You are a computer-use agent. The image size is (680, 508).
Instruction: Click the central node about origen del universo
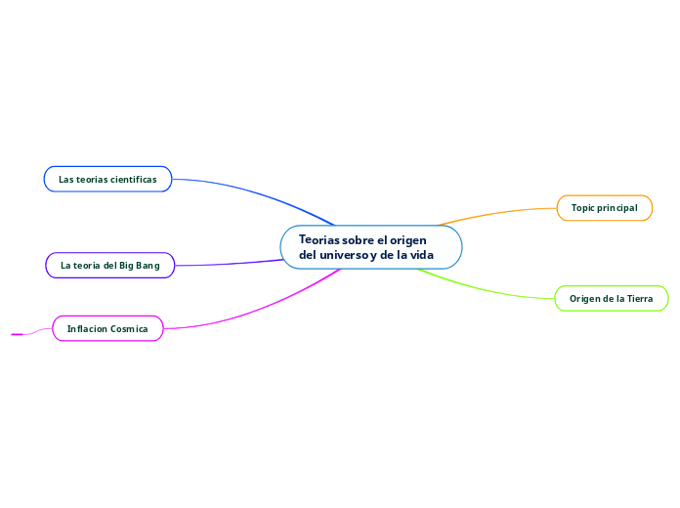pos(371,247)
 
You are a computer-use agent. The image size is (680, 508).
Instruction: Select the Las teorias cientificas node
pos(107,179)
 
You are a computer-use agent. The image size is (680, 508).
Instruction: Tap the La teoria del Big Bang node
pos(109,265)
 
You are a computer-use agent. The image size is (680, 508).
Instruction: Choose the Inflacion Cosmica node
pos(107,329)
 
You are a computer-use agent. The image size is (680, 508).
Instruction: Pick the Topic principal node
pos(604,208)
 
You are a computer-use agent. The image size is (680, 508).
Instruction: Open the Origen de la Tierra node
pos(611,299)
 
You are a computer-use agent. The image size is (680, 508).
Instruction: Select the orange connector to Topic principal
pos(498,213)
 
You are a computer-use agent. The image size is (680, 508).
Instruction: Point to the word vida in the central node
pos(421,255)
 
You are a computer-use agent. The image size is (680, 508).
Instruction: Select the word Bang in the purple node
pos(148,265)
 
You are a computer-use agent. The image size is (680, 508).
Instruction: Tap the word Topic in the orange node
pos(584,208)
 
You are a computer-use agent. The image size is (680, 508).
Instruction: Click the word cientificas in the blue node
pos(134,179)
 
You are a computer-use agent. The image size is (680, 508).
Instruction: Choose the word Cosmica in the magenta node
pos(129,329)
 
